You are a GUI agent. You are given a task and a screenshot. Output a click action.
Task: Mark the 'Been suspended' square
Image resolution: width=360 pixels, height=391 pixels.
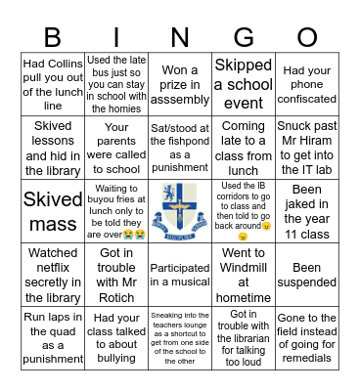307,267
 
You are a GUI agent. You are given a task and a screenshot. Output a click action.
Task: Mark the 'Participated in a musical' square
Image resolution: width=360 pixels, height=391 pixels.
180,267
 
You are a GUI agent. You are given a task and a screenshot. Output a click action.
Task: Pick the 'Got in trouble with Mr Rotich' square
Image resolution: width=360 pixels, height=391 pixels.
116,267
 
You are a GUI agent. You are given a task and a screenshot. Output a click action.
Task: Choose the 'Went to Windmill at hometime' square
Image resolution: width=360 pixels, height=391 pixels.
244,267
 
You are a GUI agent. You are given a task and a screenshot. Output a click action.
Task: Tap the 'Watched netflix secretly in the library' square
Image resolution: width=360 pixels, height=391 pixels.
53,267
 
